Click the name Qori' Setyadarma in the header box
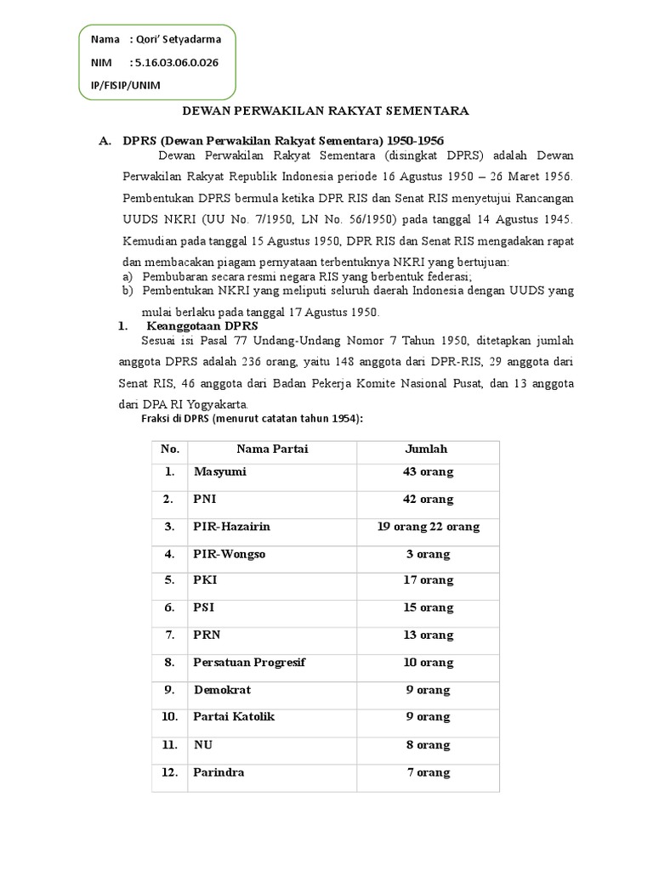tap(175, 39)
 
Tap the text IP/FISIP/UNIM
tap(125, 85)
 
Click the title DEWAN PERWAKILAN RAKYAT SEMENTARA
tap(327, 110)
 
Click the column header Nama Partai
tap(272, 449)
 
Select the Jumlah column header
tap(427, 449)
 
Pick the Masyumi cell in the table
tap(219, 472)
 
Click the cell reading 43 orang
tap(428, 472)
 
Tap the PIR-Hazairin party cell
tap(231, 527)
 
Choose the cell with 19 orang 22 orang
tap(428, 527)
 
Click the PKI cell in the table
tap(204, 581)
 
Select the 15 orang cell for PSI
tap(428, 608)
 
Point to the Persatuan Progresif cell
tap(249, 663)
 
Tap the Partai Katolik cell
tap(234, 717)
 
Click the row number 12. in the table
tap(170, 772)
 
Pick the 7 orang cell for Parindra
tap(428, 772)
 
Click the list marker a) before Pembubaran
tap(128, 277)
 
